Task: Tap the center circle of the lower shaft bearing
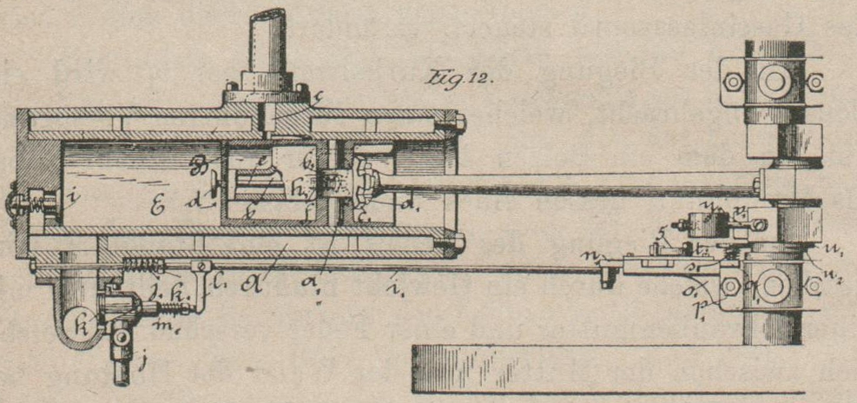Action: (771, 286)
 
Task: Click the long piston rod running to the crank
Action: (564, 183)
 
